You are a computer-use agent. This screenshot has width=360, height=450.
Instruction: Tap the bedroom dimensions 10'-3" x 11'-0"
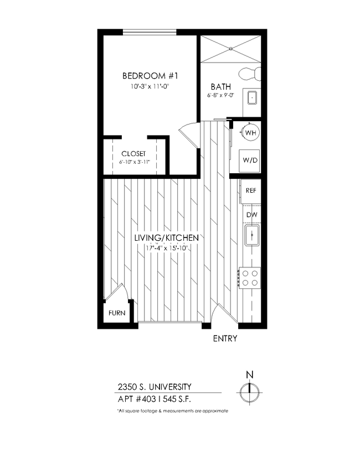click(150, 86)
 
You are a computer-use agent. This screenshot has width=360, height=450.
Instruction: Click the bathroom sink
click(252, 97)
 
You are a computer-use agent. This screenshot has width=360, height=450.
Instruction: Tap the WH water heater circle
click(250, 133)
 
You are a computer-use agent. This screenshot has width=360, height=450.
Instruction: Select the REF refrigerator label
click(251, 190)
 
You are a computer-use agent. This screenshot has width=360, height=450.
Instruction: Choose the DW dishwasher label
click(251, 215)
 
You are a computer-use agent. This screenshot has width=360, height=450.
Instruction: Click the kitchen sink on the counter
click(252, 236)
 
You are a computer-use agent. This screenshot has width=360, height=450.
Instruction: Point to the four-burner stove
click(249, 277)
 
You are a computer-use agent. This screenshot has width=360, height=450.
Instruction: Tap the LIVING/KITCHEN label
click(166, 238)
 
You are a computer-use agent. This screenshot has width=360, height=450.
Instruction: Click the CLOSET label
click(133, 153)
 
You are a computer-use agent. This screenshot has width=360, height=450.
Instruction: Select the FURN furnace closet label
click(116, 313)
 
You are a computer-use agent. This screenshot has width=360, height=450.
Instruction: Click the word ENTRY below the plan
click(225, 339)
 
